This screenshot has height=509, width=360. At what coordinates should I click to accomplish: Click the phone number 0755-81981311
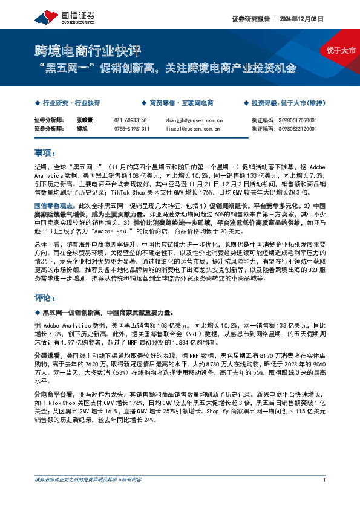132,128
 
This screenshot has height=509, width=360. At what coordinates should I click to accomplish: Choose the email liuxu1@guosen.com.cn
193,128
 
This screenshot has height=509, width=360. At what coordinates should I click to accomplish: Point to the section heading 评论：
45,299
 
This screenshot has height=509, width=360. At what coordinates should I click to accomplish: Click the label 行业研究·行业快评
71,103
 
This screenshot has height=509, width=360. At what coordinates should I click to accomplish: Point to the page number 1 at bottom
325,497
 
